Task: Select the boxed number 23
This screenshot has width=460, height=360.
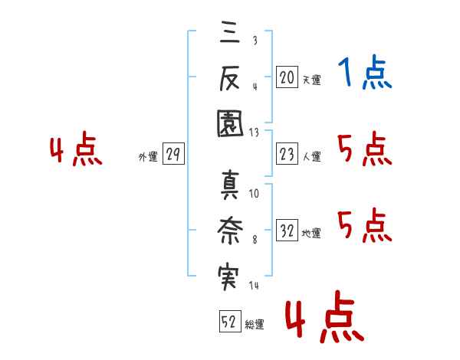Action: click(287, 155)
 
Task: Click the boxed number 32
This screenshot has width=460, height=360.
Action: click(287, 231)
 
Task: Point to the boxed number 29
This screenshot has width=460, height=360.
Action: click(173, 155)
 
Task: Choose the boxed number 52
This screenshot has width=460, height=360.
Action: click(228, 322)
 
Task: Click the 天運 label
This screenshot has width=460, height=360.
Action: click(311, 79)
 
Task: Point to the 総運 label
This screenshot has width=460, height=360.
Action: click(254, 326)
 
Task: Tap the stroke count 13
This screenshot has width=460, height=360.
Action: click(254, 132)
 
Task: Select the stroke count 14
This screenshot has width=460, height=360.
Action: click(254, 286)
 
